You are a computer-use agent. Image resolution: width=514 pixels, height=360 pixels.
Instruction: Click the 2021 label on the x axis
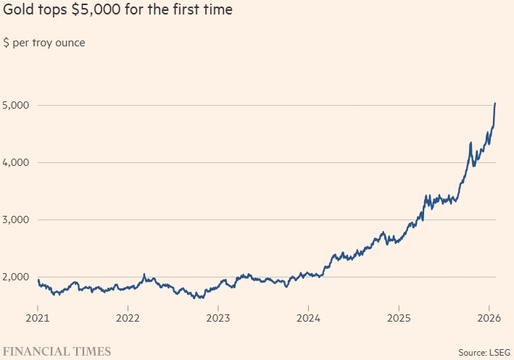click(38, 317)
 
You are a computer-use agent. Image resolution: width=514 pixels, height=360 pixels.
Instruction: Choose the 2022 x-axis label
click(128, 317)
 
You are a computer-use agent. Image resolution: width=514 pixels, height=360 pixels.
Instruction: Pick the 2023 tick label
click(218, 317)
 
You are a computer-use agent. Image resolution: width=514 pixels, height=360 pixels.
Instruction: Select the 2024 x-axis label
click(308, 317)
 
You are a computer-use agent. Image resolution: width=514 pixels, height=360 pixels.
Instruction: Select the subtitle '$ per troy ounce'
click(44, 43)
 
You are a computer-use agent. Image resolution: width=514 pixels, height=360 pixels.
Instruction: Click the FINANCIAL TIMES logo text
click(57, 351)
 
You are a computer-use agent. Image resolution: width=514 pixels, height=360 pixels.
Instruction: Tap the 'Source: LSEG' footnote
click(484, 352)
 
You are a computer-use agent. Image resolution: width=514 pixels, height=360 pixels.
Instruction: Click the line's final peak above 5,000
click(495, 104)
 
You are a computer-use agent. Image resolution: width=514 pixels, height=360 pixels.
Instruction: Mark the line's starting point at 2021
click(38, 280)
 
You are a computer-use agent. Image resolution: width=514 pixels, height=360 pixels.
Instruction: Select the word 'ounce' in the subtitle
click(69, 43)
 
